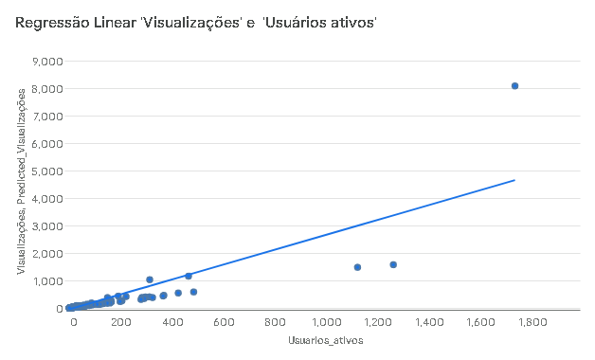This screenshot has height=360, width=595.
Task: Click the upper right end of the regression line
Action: click(514, 180)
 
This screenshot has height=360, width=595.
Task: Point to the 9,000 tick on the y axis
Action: click(47, 61)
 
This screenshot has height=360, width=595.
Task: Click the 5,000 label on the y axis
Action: click(47, 171)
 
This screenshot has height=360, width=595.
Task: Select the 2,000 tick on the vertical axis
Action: click(47, 254)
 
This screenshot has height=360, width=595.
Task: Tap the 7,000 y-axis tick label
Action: click(47, 117)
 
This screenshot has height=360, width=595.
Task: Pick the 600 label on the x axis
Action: click(224, 322)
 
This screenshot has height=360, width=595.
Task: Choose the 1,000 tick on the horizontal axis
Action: click(326, 322)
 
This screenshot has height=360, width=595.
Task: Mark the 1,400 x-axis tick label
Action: click(429, 322)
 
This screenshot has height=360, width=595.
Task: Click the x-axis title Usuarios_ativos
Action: click(326, 340)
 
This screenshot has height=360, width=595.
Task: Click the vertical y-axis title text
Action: click(21, 181)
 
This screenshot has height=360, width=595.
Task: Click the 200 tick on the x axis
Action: click(121, 322)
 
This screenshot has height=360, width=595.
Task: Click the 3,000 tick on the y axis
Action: click(47, 226)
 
